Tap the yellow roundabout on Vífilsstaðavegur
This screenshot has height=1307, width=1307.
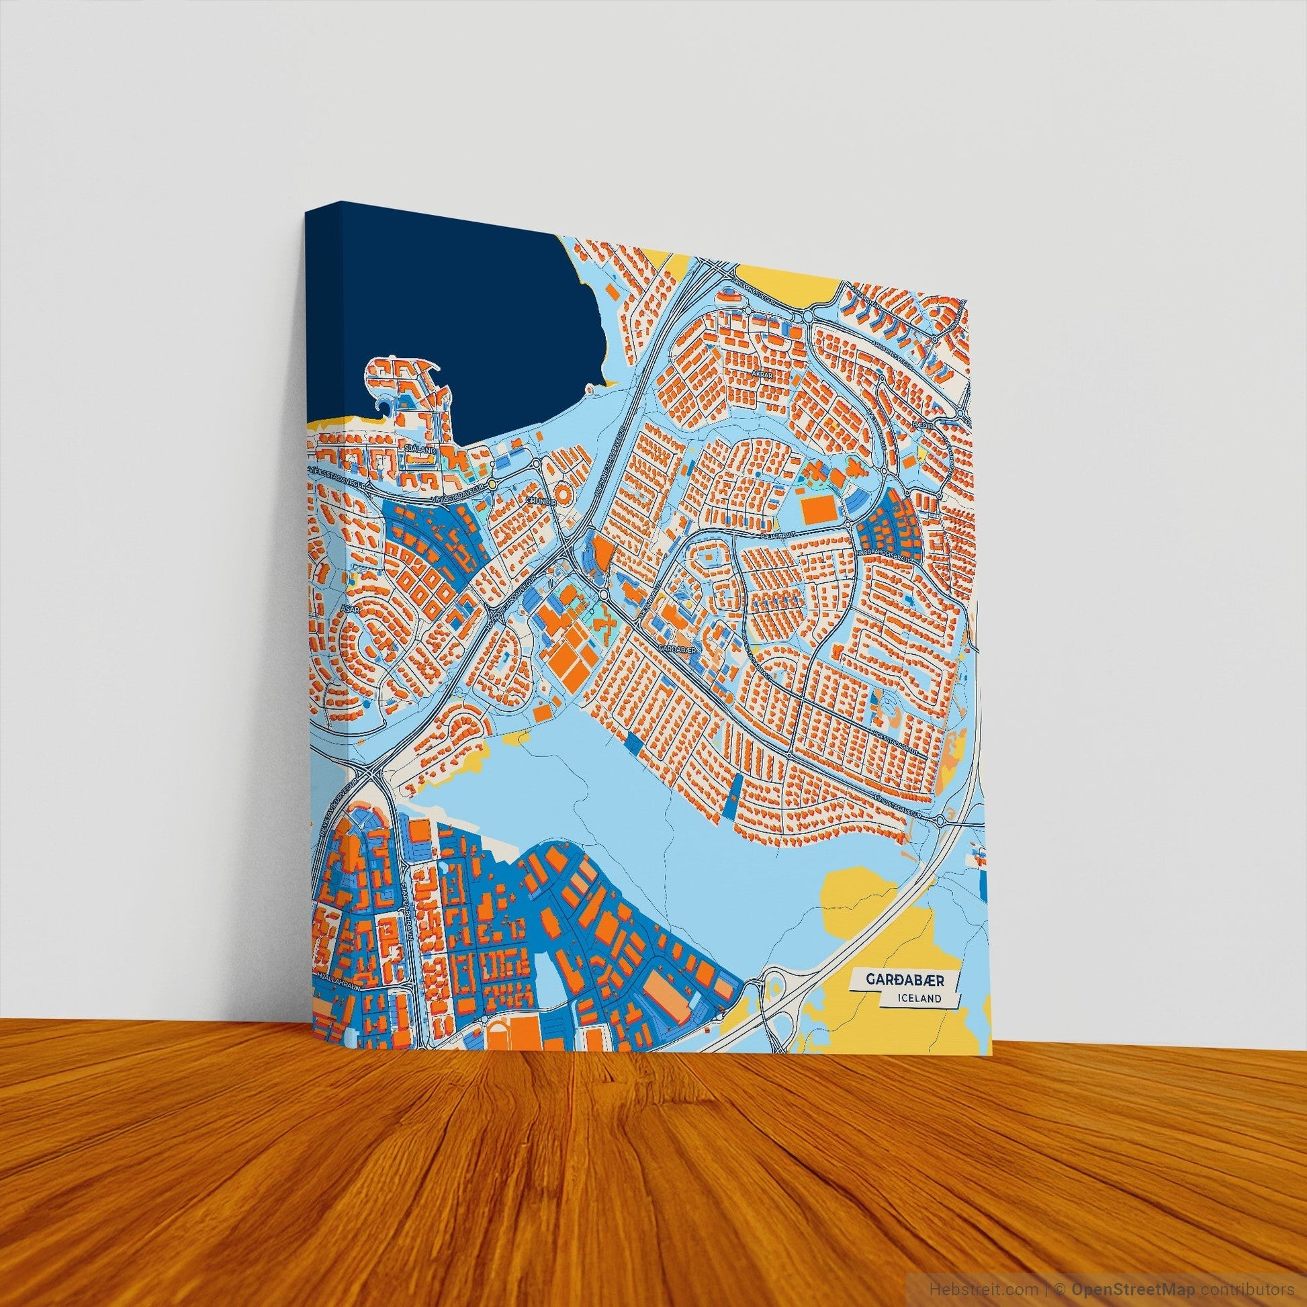(493, 484)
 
